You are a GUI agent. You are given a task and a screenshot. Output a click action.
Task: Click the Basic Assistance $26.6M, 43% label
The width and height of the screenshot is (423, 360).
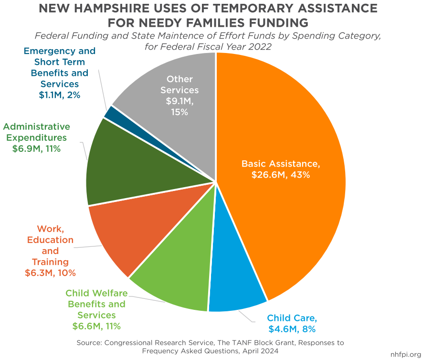click(281, 169)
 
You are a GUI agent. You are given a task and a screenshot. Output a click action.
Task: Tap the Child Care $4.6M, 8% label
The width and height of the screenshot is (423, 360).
click(292, 323)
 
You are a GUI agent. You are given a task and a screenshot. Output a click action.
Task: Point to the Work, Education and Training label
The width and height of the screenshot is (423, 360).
click(50, 251)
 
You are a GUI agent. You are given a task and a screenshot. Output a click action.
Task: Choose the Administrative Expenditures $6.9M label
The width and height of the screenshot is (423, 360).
click(37, 138)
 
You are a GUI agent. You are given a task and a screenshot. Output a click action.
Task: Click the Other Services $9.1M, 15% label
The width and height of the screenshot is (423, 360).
click(180, 95)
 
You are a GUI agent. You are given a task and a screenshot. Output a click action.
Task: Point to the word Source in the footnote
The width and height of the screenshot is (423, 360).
click(89, 343)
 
